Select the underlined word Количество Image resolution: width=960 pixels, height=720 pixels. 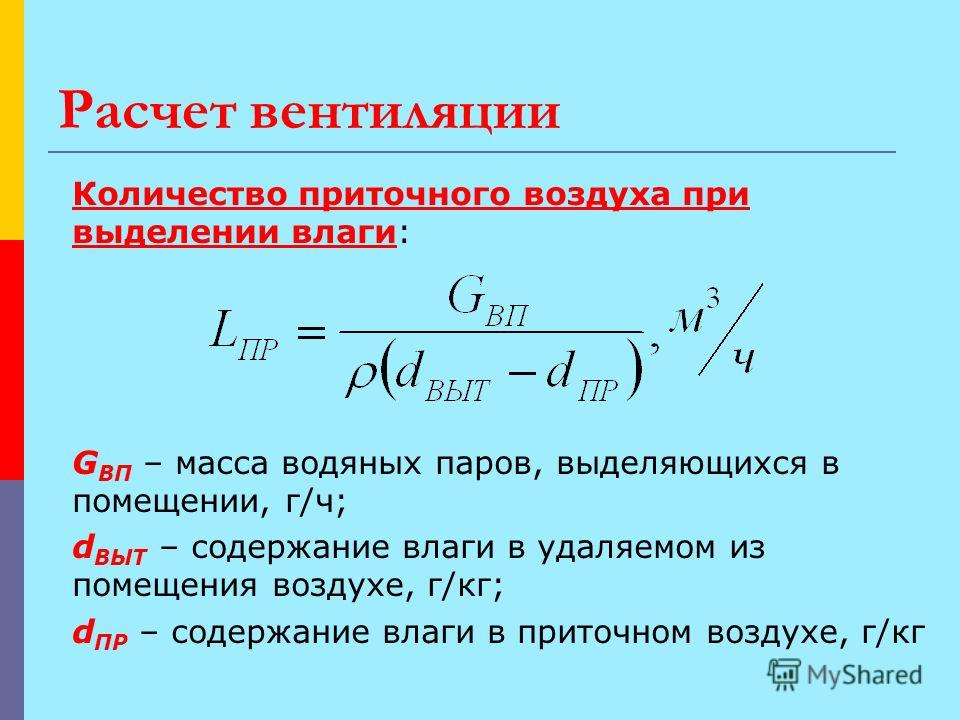coord(180,194)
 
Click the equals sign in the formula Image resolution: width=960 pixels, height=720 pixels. coord(311,334)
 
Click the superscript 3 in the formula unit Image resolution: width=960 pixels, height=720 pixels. coord(712,302)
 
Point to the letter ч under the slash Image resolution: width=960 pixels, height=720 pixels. coord(744,360)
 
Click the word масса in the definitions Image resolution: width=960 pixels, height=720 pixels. coord(222,465)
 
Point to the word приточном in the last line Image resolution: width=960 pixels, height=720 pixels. coord(604,635)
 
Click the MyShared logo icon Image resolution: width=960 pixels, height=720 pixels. coord(784,674)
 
